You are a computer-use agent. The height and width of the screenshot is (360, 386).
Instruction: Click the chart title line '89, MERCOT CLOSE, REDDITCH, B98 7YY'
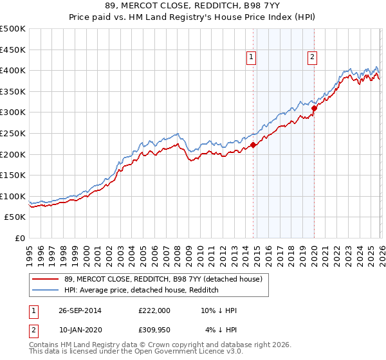coord(193,6)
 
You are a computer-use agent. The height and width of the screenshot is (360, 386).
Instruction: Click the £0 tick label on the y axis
coord(19,238)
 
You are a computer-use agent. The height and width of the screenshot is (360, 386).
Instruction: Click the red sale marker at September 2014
coord(253,145)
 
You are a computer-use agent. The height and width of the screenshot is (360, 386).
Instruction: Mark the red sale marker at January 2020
coord(314,108)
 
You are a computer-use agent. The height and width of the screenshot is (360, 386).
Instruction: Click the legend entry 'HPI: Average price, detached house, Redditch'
coord(142,291)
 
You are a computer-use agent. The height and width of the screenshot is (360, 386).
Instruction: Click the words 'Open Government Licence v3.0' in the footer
coord(186,352)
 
